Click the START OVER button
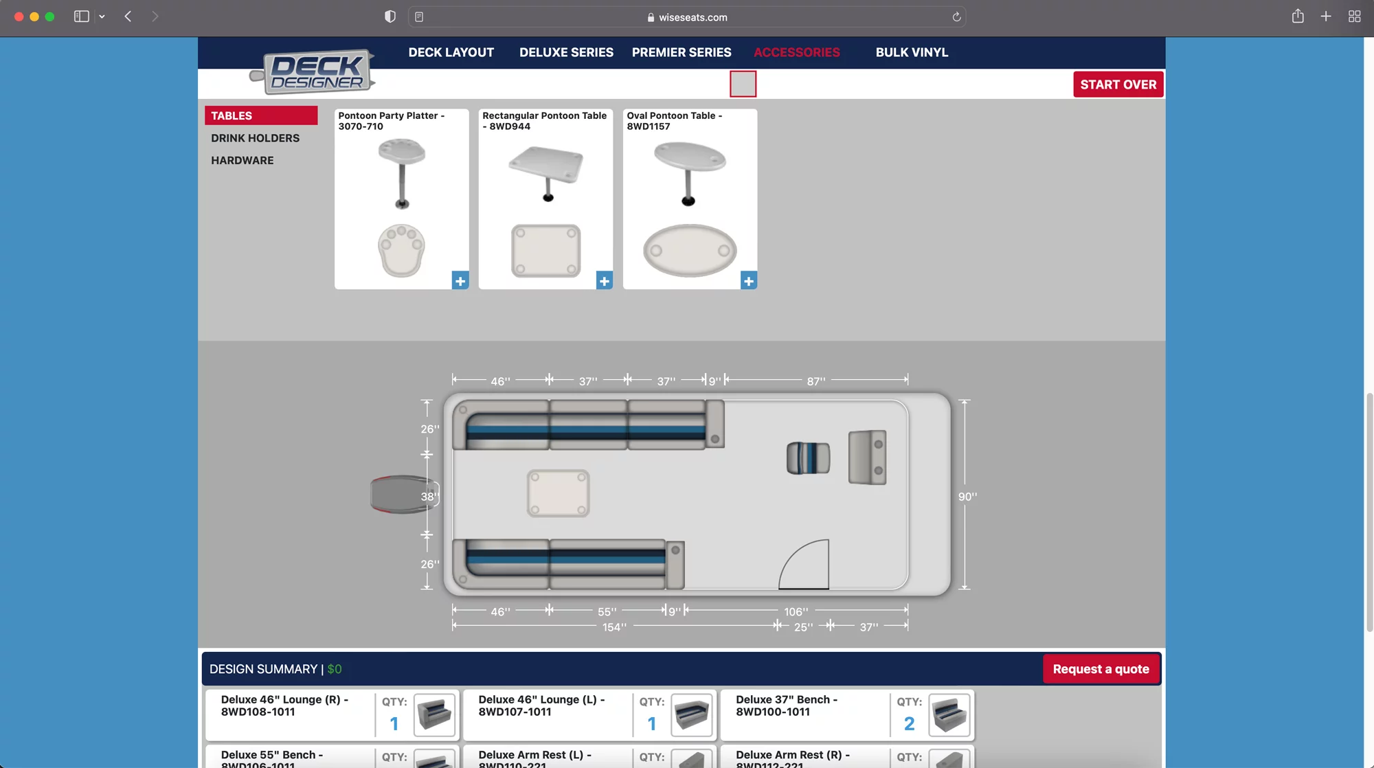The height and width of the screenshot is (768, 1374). point(1118,84)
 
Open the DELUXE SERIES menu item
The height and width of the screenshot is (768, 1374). point(566,52)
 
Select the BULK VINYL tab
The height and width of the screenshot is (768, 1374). point(912,52)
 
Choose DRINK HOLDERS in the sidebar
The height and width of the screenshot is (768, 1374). point(255,138)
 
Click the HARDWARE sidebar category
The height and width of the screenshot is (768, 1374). point(242,160)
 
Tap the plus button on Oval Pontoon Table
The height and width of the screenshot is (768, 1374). point(748,281)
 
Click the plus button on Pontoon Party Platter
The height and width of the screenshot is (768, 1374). point(460,281)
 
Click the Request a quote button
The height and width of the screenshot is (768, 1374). point(1101,669)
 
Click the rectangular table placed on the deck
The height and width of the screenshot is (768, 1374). point(558,493)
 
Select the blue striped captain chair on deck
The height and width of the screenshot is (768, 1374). point(808,458)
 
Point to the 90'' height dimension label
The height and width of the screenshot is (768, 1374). point(967,497)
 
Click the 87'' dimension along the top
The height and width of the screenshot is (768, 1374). point(815,381)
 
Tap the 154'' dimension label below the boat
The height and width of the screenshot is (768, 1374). point(614,627)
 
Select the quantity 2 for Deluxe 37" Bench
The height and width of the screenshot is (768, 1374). point(909,723)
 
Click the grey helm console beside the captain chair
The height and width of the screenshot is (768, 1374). point(867,458)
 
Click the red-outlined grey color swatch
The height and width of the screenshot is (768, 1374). point(743,84)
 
